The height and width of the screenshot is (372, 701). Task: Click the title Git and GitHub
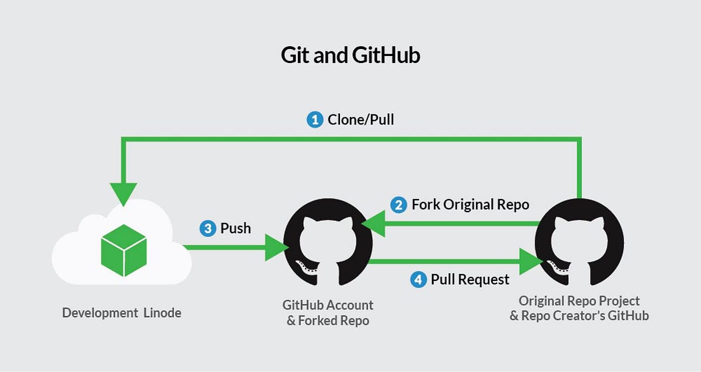(x=350, y=56)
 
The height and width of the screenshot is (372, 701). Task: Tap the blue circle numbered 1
(x=315, y=120)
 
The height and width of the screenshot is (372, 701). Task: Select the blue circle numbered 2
(x=398, y=205)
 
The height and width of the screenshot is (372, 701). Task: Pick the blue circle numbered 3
(x=207, y=228)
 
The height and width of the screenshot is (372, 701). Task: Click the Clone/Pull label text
(x=360, y=120)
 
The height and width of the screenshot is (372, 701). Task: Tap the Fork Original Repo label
(x=470, y=205)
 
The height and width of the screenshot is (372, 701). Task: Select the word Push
(x=235, y=228)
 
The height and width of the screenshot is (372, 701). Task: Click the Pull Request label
(x=470, y=280)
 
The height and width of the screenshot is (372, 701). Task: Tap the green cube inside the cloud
(x=123, y=251)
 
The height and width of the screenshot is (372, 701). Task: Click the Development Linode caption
(x=122, y=313)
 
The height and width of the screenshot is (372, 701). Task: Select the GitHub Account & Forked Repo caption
(x=328, y=312)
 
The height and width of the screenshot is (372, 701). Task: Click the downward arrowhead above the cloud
(x=123, y=193)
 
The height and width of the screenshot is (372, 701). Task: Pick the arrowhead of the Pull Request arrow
(x=529, y=260)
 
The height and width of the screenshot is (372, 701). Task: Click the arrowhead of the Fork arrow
(x=373, y=224)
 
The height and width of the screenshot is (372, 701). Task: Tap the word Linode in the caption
(x=162, y=313)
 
